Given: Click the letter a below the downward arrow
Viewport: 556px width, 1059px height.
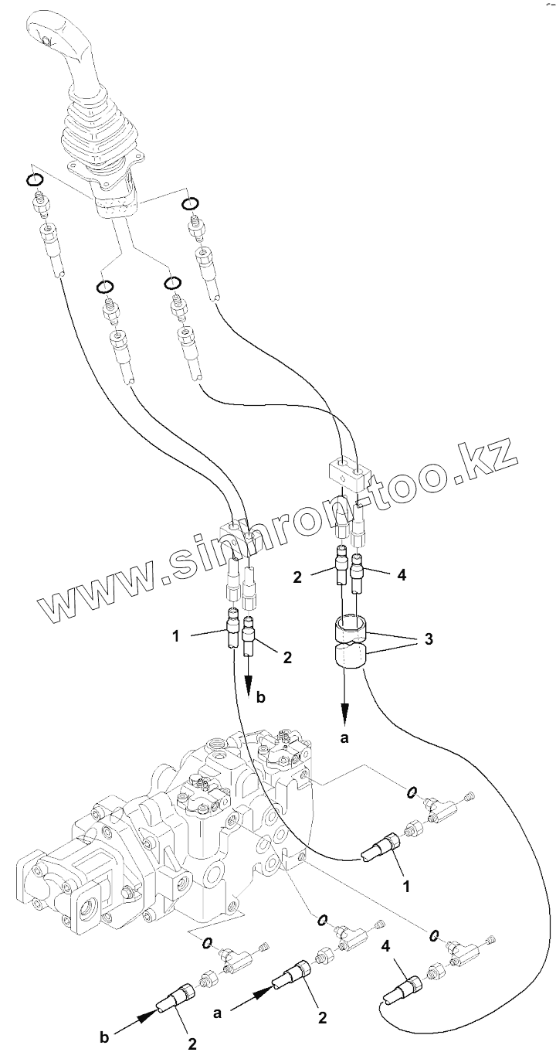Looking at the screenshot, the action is [344, 738].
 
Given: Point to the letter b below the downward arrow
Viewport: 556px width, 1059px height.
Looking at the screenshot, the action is [260, 697].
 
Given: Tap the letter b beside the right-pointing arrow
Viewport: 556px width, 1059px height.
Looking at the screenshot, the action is [104, 1037].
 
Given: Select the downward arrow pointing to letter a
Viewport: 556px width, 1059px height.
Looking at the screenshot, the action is [344, 696].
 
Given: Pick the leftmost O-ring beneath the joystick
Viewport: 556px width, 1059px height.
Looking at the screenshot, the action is [33, 180].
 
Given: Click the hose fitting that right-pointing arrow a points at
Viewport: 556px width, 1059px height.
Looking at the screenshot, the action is [293, 979].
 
